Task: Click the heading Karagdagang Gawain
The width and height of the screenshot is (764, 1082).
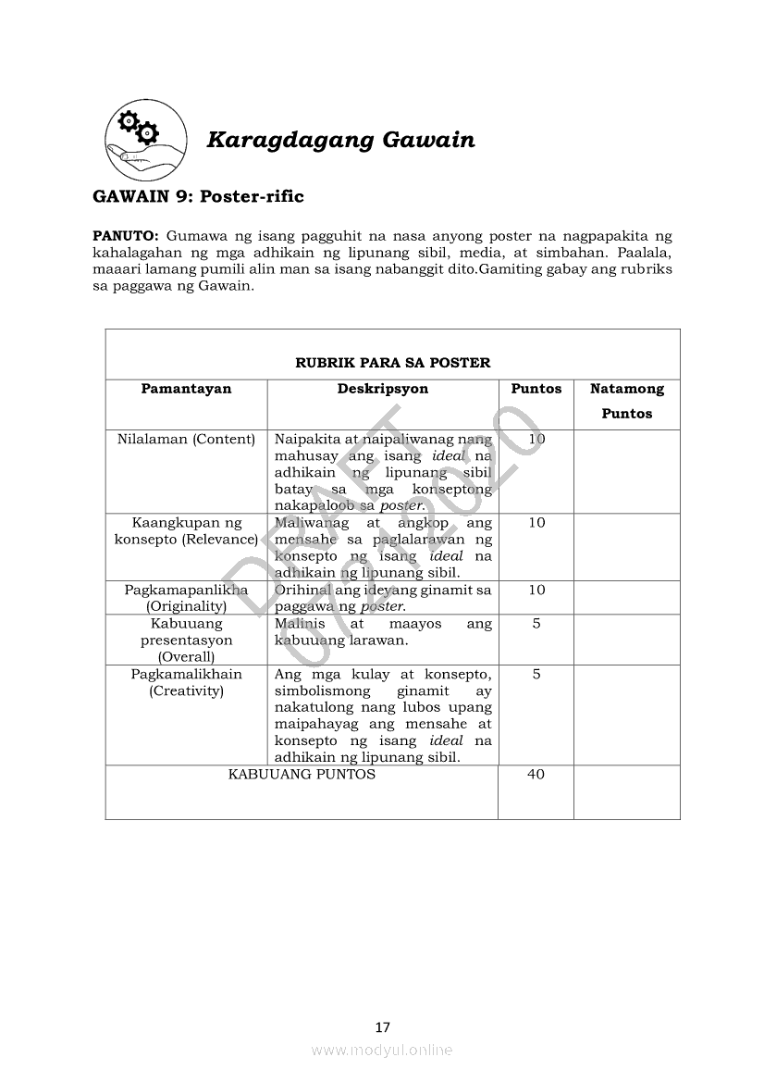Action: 340,140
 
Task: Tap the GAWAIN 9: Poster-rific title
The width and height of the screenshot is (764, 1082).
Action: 198,196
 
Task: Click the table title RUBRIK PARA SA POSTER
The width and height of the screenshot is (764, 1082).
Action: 392,363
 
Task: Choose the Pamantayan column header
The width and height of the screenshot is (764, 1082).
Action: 186,389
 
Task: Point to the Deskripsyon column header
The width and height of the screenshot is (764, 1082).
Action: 382,389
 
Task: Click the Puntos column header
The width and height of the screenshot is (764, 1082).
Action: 536,389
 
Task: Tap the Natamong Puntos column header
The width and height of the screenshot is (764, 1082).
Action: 626,401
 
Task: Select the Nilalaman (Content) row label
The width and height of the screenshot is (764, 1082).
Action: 186,439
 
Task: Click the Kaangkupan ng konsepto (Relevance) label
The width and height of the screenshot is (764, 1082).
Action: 186,531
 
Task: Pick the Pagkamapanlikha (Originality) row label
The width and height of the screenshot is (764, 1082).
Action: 186,598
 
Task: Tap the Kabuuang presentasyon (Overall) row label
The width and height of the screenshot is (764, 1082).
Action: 186,640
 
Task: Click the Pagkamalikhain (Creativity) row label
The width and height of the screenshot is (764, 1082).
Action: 186,682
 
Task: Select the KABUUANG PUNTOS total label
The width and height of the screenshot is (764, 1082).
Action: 302,774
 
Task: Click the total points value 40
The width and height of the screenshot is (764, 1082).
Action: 536,775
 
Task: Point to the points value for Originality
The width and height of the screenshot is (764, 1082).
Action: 536,591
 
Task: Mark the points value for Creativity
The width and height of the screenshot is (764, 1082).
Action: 536,675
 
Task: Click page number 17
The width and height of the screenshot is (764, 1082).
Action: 383,1026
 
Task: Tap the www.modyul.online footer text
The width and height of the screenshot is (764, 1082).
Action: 382,1051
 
